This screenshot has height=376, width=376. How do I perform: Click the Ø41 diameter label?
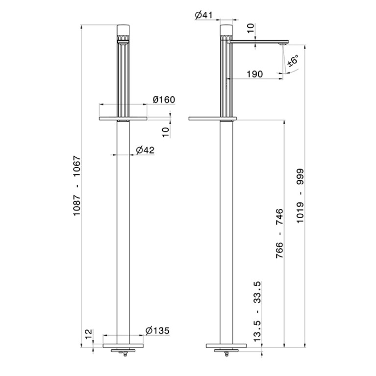pos(203,15)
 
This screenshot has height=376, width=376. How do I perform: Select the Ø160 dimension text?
pos(164,100)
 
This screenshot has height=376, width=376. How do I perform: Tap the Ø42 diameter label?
pos(145,150)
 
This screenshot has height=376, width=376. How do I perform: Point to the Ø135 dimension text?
pos(157,331)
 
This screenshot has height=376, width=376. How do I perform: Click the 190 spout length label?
pos(255,74)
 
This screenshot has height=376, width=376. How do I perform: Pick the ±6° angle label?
pos(293,60)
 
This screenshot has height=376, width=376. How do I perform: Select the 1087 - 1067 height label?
pos(77,186)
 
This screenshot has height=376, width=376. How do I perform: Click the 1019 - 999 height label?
pos(300,196)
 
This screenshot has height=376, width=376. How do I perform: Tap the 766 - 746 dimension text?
pos(279,233)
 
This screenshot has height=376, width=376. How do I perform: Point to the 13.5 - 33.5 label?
pos(257,311)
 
